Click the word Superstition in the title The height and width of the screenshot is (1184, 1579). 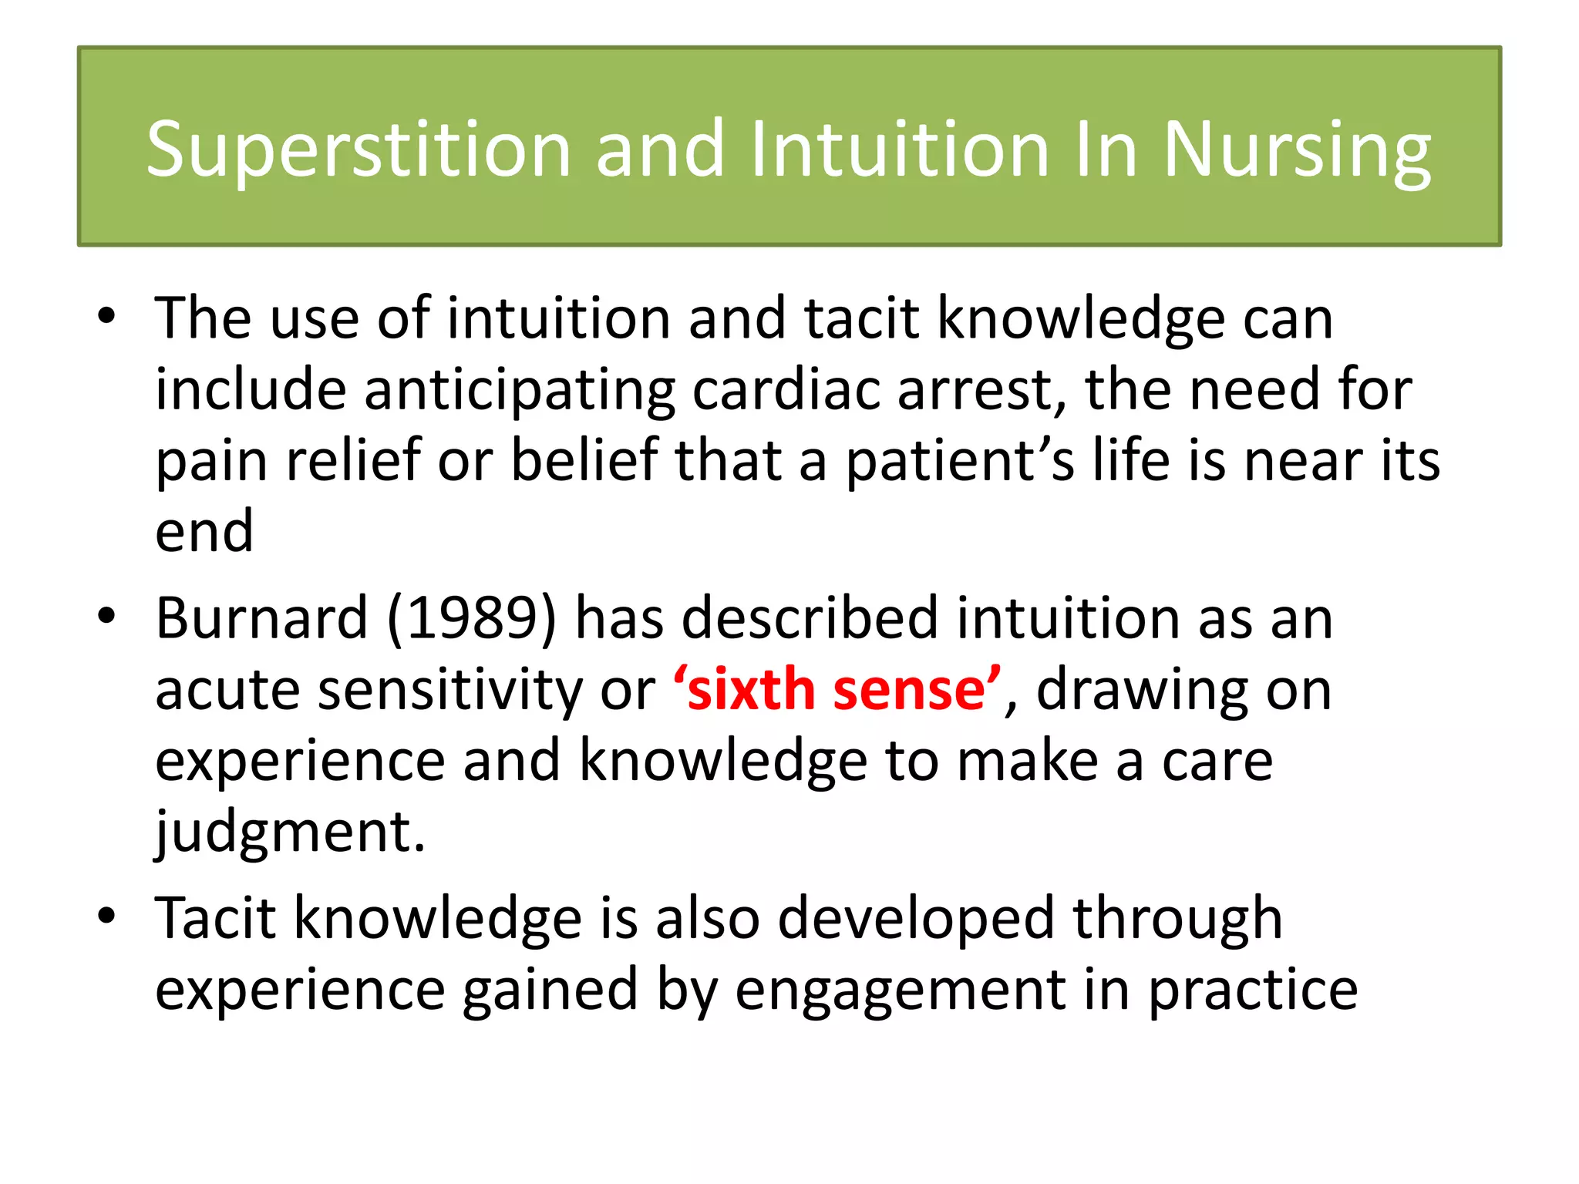point(359,150)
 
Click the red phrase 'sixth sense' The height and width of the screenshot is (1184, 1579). point(837,689)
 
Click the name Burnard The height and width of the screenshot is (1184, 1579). point(262,618)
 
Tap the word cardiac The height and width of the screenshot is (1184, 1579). point(786,389)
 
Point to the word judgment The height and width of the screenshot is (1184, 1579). point(290,832)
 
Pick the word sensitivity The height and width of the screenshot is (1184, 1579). point(450,689)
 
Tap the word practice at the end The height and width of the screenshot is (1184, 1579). point(1253,991)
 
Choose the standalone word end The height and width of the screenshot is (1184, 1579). point(204,532)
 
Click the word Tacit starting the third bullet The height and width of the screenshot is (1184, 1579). point(215,918)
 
